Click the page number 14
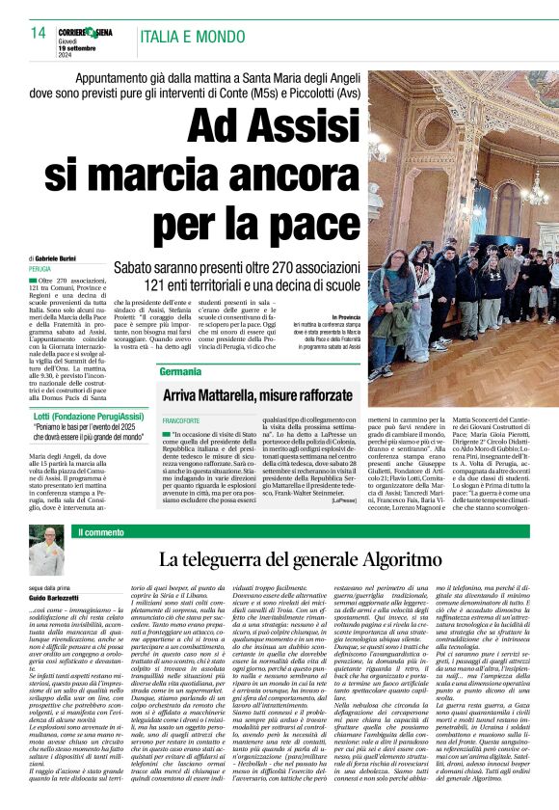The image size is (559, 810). (x=39, y=33)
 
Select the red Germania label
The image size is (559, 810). (x=181, y=371)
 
